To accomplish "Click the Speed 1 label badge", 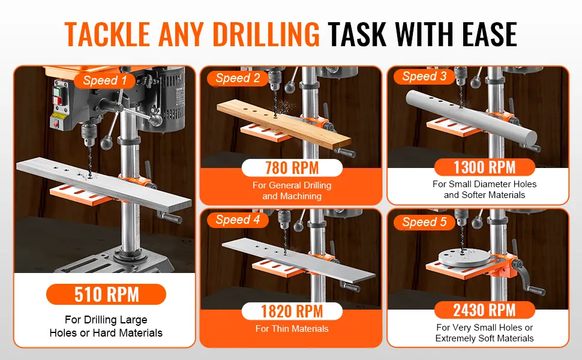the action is [104, 80].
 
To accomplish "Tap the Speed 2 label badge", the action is [238, 78].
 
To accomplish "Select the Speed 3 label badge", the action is [424, 76].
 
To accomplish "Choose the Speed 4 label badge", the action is [238, 220].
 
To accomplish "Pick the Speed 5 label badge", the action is [424, 222].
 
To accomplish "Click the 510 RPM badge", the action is [106, 295].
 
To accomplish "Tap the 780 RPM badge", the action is [292, 168].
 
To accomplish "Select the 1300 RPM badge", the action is [485, 167].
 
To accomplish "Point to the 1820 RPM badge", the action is [292, 311].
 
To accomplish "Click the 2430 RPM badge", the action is [485, 310].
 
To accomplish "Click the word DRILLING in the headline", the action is [266, 34].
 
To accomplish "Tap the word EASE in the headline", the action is [490, 34].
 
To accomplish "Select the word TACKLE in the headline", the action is [107, 34].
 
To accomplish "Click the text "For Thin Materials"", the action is [292, 328].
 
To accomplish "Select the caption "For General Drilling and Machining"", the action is [292, 190].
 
